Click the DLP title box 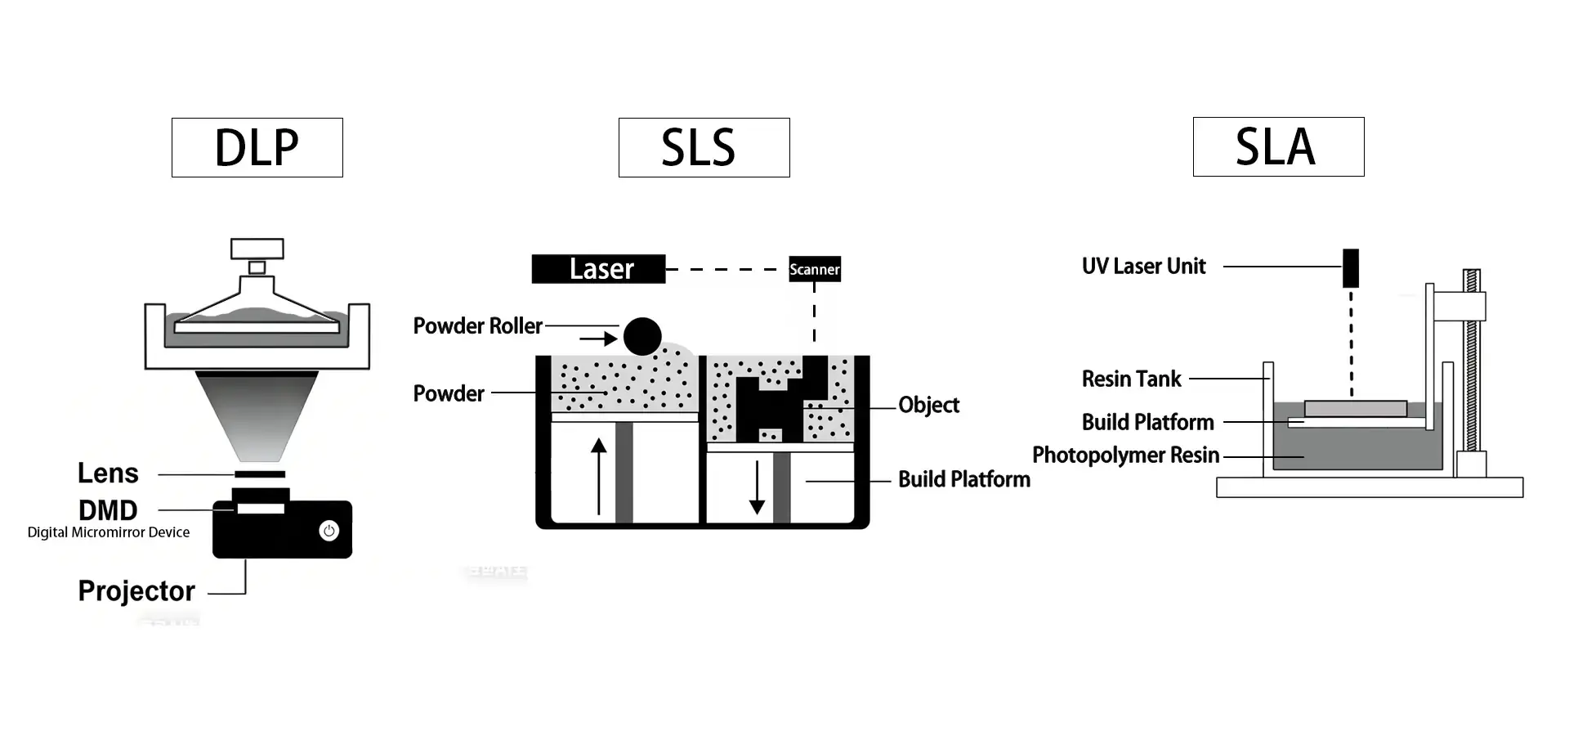pyautogui.click(x=257, y=147)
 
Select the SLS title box pyautogui.click(x=704, y=147)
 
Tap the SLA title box pyautogui.click(x=1278, y=146)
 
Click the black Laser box pyautogui.click(x=598, y=269)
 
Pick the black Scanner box pyautogui.click(x=814, y=269)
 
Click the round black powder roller pyautogui.click(x=642, y=336)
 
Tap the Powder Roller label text pyautogui.click(x=477, y=325)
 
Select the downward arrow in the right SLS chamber pyautogui.click(x=758, y=487)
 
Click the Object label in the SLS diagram pyautogui.click(x=928, y=405)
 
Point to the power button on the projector pyautogui.click(x=329, y=531)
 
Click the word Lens pyautogui.click(x=108, y=473)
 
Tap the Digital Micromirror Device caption pyautogui.click(x=109, y=532)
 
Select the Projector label pyautogui.click(x=136, y=590)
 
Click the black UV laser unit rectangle pyautogui.click(x=1351, y=268)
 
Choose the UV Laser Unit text pyautogui.click(x=1143, y=266)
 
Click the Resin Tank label pyautogui.click(x=1131, y=379)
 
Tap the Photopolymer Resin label pyautogui.click(x=1125, y=455)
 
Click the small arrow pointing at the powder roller pyautogui.click(x=599, y=338)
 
